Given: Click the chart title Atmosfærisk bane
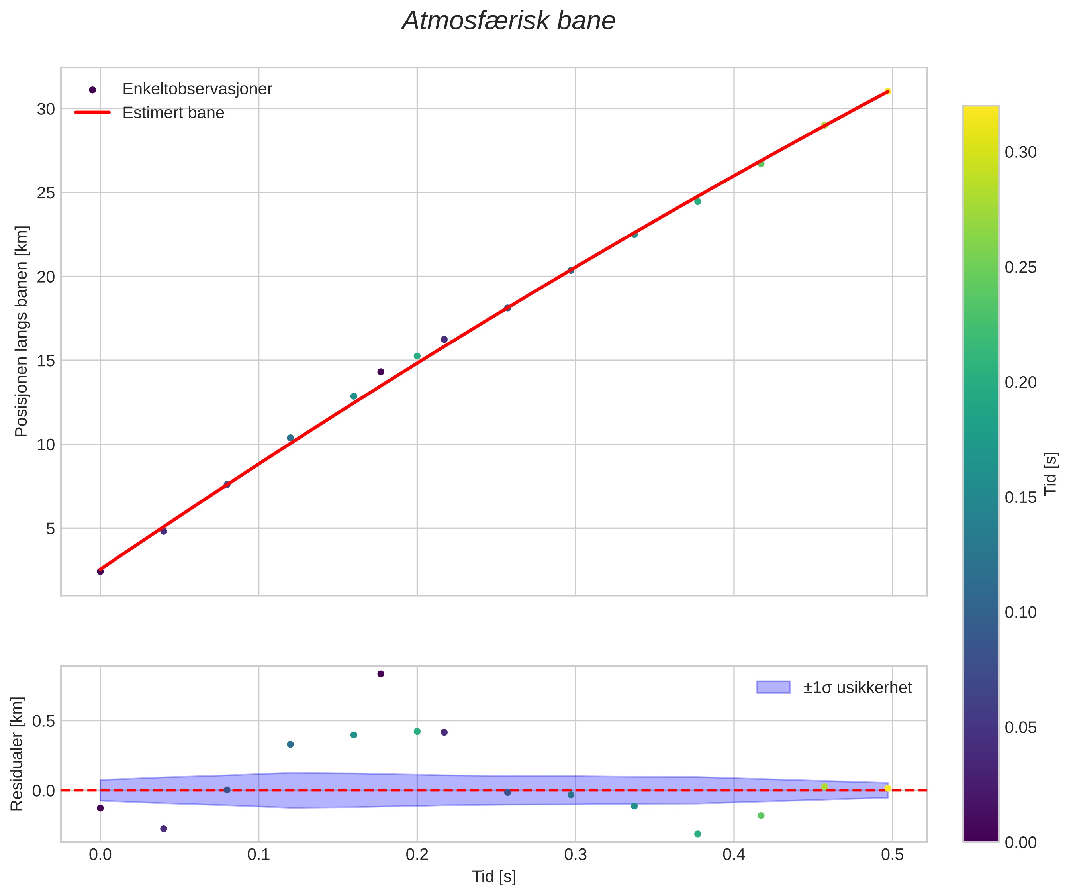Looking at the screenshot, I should (x=508, y=22).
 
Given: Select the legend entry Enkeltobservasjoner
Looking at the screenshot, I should (x=197, y=89).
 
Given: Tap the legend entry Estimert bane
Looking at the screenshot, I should (x=173, y=113).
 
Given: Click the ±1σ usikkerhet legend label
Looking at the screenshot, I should (x=857, y=688).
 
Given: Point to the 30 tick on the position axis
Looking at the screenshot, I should (x=46, y=109).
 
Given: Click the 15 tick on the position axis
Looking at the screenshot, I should (x=46, y=361).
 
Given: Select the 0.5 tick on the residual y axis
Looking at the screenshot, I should (x=43, y=721).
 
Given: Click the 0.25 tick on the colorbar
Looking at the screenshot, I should (x=1020, y=267).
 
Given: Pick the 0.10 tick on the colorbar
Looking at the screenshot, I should (x=1020, y=612).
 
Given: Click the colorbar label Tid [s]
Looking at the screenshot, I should (x=1051, y=474).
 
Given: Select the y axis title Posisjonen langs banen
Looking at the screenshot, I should (x=22, y=331).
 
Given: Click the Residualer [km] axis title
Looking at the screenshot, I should (x=17, y=754).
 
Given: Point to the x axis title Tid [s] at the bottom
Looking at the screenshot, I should (x=494, y=877).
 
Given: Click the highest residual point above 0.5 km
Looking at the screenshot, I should (x=381, y=674).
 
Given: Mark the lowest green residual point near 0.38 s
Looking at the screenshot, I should (x=697, y=834).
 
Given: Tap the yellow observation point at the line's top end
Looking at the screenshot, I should (x=887, y=91).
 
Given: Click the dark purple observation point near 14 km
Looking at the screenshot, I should (x=381, y=372).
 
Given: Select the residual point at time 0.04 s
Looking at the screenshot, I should (x=163, y=829).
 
